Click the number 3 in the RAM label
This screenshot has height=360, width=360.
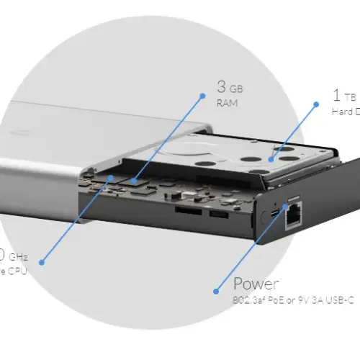pos(221,87)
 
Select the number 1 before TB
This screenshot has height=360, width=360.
pos(336,95)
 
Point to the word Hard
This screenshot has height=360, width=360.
pos(341,112)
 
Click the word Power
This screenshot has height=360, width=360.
pos(256,283)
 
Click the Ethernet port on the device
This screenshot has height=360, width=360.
pos(294,215)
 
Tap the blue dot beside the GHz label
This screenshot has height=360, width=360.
pos(42,262)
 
